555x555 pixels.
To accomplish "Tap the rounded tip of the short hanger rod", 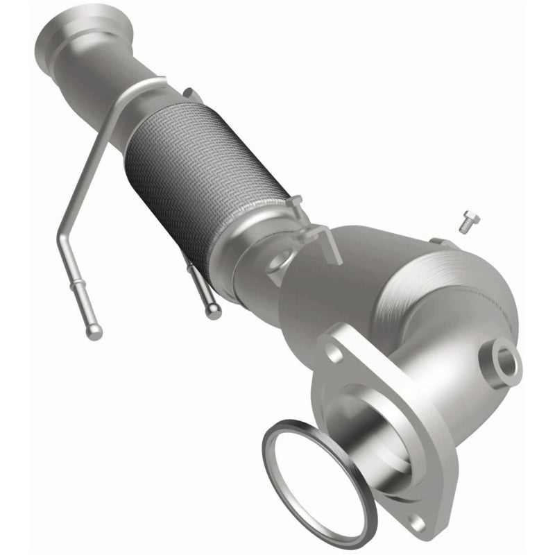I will point(212,310).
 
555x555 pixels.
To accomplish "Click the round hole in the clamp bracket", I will point(275,262).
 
